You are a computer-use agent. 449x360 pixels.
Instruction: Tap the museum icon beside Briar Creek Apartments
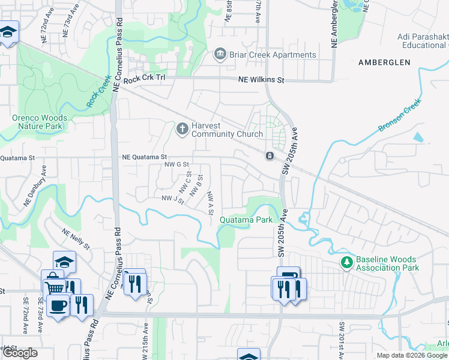click(x=220, y=55)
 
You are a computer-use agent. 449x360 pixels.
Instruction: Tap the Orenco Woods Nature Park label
click(x=37, y=122)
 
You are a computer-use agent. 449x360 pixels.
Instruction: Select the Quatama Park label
click(x=246, y=220)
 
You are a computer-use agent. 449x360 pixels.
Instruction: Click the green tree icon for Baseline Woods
click(x=346, y=262)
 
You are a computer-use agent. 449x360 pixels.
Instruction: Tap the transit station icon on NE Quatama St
click(x=270, y=156)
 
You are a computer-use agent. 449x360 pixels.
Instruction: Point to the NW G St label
click(x=177, y=164)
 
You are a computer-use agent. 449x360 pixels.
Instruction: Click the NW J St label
click(x=172, y=198)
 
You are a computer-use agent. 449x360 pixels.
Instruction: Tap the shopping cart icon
click(x=54, y=287)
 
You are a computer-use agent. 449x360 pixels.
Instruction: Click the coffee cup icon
click(x=58, y=305)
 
